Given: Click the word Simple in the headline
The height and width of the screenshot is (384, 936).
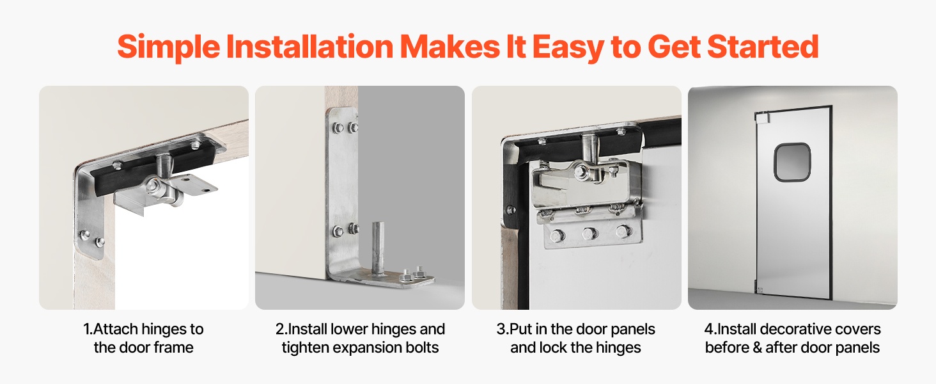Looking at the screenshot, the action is [168, 47].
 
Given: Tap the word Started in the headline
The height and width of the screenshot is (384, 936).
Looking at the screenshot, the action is [763, 46].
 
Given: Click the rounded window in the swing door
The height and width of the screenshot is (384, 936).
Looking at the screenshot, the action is [792, 163].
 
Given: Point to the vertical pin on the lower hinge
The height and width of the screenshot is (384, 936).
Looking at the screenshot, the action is [378, 248].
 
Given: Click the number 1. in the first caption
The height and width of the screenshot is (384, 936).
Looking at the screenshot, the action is [88, 329].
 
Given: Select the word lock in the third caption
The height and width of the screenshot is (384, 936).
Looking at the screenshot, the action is [550, 348].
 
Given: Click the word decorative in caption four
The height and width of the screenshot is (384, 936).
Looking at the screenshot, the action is [798, 329].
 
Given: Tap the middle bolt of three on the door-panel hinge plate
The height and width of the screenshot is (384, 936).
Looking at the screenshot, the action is [589, 234].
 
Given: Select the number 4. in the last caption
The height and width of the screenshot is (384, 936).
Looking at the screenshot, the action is [710, 329].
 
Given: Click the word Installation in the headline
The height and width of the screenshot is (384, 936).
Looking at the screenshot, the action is [309, 47].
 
